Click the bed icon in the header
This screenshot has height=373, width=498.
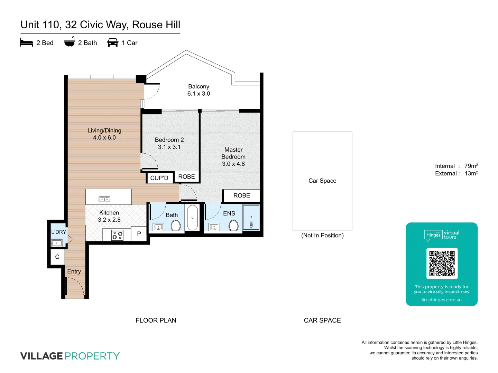[x=27, y=42]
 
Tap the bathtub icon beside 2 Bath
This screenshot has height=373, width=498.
[x=69, y=42]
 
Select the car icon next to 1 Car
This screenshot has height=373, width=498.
[x=113, y=42]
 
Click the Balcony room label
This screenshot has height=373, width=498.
[x=199, y=86]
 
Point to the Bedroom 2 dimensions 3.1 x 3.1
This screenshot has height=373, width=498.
[x=169, y=147]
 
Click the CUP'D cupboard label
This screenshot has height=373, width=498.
[x=159, y=178]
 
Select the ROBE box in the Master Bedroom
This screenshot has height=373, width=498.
[x=241, y=195]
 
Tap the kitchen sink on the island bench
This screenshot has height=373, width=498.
[x=104, y=199]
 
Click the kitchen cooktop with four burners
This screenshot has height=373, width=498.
[x=117, y=236]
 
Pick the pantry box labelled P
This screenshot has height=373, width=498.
[x=139, y=234]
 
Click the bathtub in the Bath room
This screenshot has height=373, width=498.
[x=192, y=218]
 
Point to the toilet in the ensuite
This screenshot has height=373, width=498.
[x=233, y=226]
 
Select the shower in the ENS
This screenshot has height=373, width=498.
[x=251, y=218]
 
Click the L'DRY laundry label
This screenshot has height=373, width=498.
[x=58, y=232]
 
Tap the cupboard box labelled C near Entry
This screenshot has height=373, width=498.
[x=57, y=257]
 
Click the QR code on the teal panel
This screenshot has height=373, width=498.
[x=442, y=263]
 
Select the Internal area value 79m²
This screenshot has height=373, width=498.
[x=471, y=166]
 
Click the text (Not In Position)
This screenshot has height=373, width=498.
[x=322, y=236]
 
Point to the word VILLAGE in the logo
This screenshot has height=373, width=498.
[x=41, y=356]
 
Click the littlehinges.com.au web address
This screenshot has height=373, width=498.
[x=441, y=300]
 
